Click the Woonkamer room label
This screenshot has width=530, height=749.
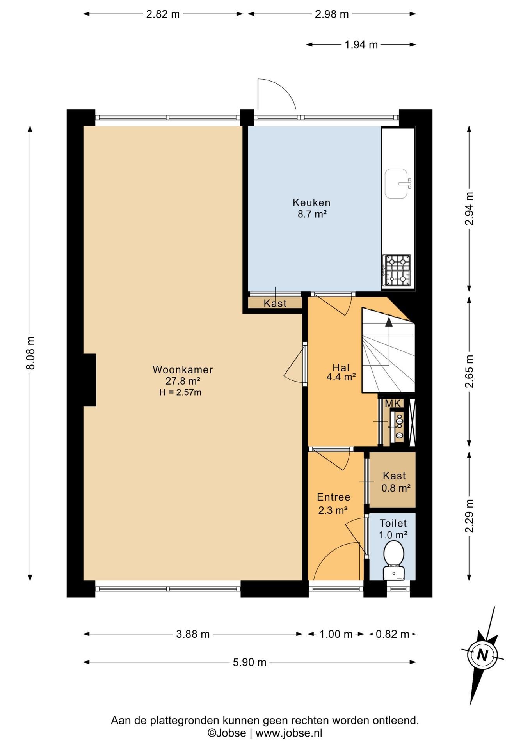(x=183, y=369)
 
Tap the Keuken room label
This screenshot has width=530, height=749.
(x=311, y=202)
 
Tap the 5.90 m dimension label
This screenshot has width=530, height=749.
(x=250, y=662)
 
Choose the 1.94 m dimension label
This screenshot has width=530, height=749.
(x=361, y=45)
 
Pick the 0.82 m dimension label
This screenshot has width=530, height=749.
(x=392, y=634)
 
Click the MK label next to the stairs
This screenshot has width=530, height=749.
(x=393, y=404)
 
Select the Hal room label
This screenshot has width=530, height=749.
(x=341, y=367)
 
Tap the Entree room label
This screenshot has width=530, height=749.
(x=334, y=497)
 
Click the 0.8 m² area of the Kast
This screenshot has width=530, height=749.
(x=396, y=488)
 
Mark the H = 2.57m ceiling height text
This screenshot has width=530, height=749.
(x=180, y=392)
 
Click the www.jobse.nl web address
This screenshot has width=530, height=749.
(x=289, y=733)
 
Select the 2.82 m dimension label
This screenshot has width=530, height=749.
(x=163, y=14)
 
